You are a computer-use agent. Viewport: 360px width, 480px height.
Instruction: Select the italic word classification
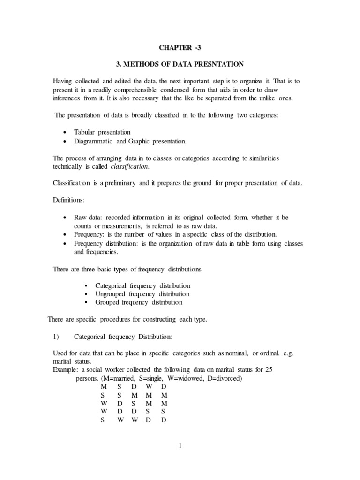(131, 167)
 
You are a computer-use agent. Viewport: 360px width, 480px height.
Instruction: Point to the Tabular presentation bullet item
(102, 132)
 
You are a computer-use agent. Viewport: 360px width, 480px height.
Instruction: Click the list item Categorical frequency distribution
(142, 285)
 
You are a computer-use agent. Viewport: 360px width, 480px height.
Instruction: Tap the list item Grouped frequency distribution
(139, 302)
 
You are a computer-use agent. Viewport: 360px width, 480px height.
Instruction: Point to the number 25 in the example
(269, 369)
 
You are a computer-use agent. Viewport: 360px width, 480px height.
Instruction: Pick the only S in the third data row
(134, 403)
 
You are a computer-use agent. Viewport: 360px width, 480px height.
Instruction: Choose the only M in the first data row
(104, 386)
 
